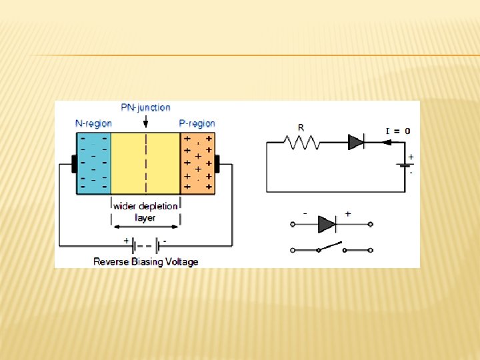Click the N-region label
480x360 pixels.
[x=93, y=123]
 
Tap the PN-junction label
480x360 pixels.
[x=145, y=107]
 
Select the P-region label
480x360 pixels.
[x=197, y=123]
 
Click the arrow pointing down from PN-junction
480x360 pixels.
[x=146, y=123]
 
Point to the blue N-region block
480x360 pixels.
[x=93, y=163]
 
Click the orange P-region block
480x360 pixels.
[x=199, y=163]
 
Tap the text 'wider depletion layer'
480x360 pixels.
[x=145, y=211]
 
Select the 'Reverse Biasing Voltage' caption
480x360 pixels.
[x=146, y=262]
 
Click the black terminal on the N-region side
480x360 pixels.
[x=73, y=163]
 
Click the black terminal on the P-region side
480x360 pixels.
[x=217, y=163]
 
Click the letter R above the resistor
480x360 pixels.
[x=301, y=127]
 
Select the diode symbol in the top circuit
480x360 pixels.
[x=356, y=141]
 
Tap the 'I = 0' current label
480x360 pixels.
[x=398, y=131]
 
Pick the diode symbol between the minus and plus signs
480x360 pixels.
[x=327, y=225]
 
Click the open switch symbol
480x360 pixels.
[x=331, y=248]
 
